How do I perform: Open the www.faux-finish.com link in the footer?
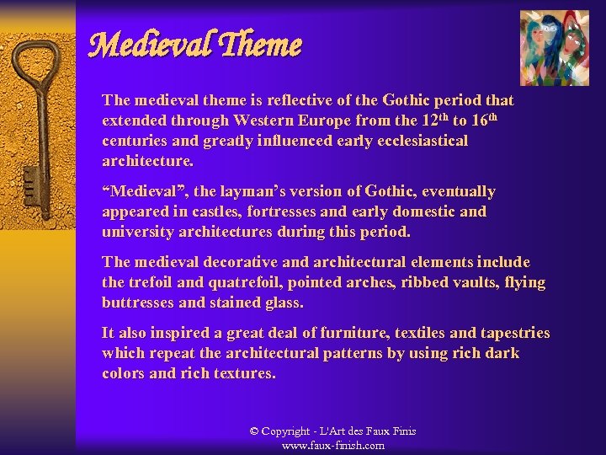point(333,445)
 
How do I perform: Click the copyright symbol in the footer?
point(254,431)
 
